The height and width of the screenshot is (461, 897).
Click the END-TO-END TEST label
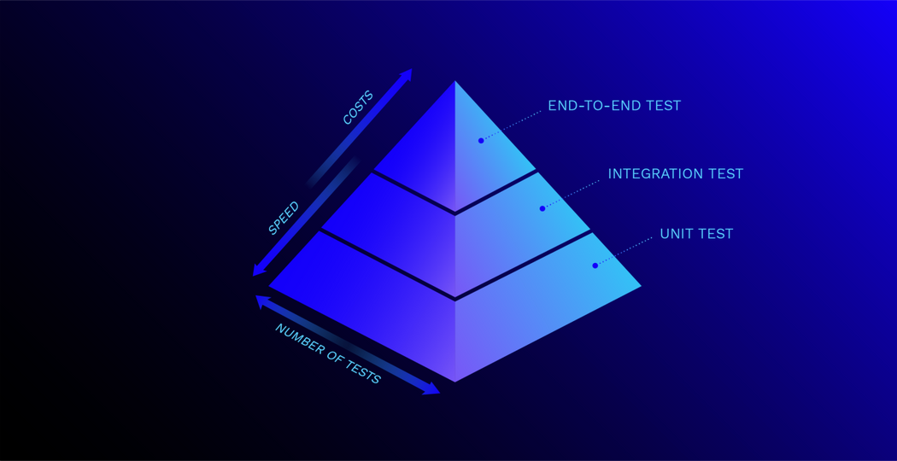(x=614, y=106)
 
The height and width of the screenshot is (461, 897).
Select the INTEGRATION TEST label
(x=675, y=174)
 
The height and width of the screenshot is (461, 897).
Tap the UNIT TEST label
(x=696, y=234)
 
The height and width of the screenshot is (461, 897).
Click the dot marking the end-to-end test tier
(x=481, y=140)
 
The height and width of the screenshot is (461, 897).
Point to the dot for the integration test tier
(x=542, y=208)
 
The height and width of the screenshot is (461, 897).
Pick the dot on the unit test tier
(x=595, y=266)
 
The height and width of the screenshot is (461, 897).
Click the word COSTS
(x=358, y=107)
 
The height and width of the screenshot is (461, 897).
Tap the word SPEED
(x=283, y=218)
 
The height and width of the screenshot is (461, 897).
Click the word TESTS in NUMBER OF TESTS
(x=361, y=372)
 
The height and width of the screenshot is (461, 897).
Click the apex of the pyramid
(x=454, y=81)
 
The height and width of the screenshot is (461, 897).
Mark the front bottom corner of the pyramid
(x=454, y=382)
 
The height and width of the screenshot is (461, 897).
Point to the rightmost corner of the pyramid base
(x=641, y=286)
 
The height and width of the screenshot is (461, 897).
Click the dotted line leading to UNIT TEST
(x=624, y=251)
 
